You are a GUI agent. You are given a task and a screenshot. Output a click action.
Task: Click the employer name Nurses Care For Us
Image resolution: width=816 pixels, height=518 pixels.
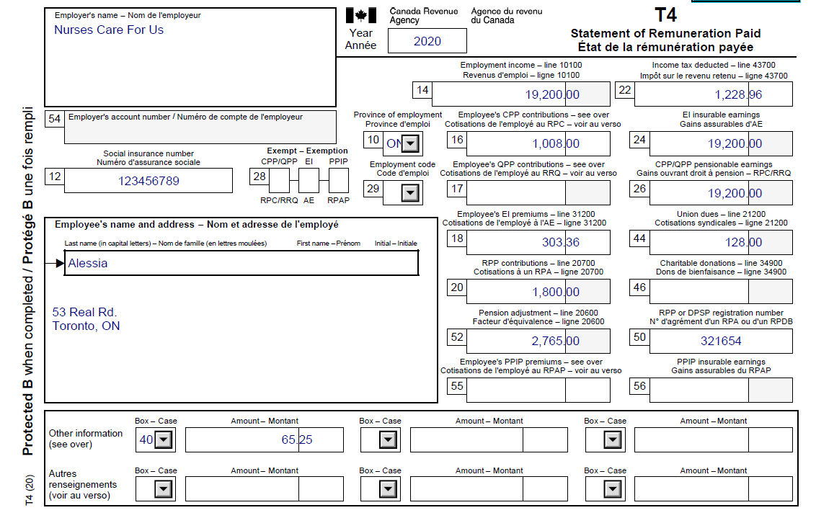coord(109,30)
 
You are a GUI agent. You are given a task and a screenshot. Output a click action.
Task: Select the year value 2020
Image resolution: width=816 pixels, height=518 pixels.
coord(427,41)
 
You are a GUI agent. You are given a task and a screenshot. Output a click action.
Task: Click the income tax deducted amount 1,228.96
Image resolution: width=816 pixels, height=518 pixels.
coord(738,94)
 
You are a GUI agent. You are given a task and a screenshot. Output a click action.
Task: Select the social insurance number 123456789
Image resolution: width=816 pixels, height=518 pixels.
coord(148,181)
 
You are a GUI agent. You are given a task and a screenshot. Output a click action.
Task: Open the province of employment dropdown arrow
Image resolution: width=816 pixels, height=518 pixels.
coord(409,143)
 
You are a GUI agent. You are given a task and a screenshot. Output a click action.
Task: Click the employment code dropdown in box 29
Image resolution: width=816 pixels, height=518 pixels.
coord(409,193)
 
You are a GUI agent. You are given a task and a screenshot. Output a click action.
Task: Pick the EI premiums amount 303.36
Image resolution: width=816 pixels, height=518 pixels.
coord(560,242)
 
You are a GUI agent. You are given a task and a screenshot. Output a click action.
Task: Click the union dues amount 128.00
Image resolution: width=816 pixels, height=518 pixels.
coord(745,242)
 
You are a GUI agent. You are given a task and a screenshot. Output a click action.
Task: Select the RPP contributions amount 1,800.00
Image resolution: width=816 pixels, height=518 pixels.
coord(555,292)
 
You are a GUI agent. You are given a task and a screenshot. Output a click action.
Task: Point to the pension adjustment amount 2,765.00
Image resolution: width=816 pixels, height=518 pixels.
coord(555,341)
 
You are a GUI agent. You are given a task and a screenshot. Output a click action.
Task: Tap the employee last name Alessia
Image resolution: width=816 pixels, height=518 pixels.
coord(88,264)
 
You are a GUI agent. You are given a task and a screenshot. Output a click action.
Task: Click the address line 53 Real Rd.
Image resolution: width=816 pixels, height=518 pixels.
coord(84,313)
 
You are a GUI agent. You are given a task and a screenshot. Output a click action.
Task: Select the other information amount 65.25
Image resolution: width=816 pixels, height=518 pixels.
coord(296,439)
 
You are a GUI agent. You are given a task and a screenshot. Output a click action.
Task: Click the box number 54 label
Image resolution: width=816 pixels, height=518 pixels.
coord(54,119)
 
